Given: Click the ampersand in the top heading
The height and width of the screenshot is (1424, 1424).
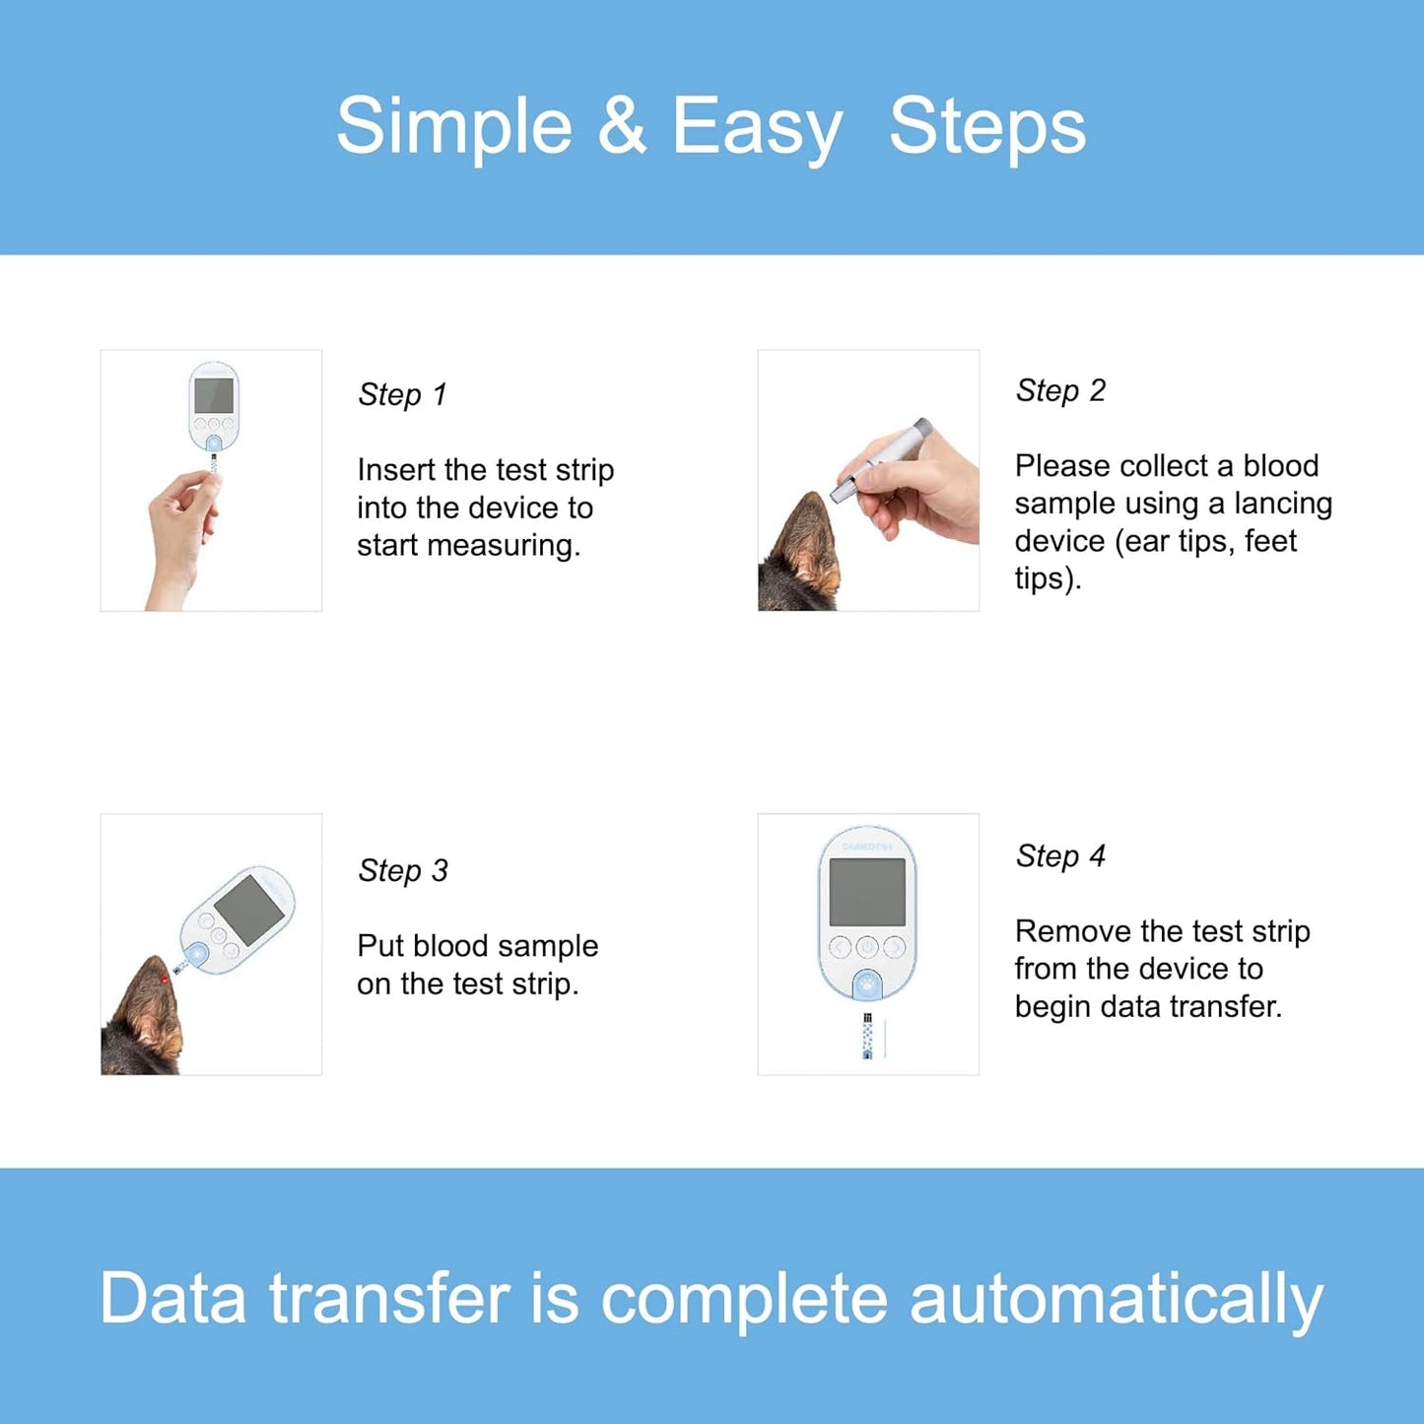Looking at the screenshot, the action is (x=622, y=125).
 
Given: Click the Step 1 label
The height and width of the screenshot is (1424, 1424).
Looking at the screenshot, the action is (x=403, y=395).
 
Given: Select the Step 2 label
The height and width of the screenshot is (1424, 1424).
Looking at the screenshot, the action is (x=1060, y=391).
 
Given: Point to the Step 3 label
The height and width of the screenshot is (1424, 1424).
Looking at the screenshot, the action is (x=403, y=871).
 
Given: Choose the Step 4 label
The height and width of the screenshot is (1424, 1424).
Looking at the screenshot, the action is (x=1060, y=856).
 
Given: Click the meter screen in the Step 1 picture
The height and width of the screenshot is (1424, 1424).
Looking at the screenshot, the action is (x=214, y=395).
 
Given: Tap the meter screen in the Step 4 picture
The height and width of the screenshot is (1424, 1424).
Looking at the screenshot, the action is (x=867, y=892).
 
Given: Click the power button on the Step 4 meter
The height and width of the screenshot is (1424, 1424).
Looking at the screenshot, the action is (x=867, y=947).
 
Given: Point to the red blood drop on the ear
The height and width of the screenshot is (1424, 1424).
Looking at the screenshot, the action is (x=164, y=981).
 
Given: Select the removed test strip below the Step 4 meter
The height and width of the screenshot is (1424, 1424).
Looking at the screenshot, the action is (x=867, y=1036).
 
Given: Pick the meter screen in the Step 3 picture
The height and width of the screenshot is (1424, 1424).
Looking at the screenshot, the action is (x=249, y=910).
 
